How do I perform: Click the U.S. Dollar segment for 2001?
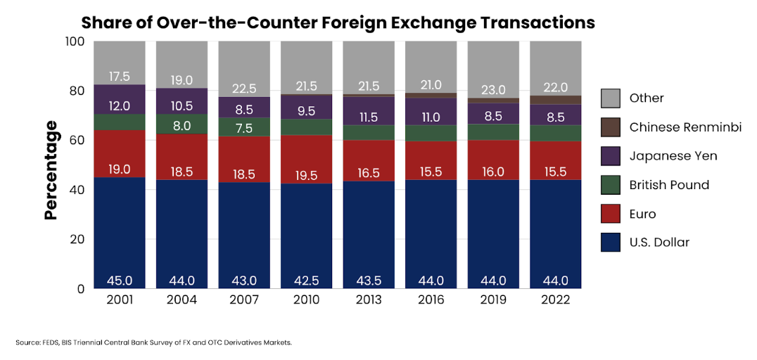(x=120, y=232)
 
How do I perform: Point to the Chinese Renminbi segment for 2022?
(x=555, y=100)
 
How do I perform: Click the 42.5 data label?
(x=306, y=281)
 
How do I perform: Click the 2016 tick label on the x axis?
(x=431, y=300)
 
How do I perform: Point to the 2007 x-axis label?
(x=244, y=300)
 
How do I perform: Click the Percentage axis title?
(x=51, y=169)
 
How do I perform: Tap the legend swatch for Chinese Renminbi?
(x=610, y=127)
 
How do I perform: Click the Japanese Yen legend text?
(x=673, y=156)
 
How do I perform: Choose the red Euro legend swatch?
(x=610, y=214)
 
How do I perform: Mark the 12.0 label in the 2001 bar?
(x=120, y=105)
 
